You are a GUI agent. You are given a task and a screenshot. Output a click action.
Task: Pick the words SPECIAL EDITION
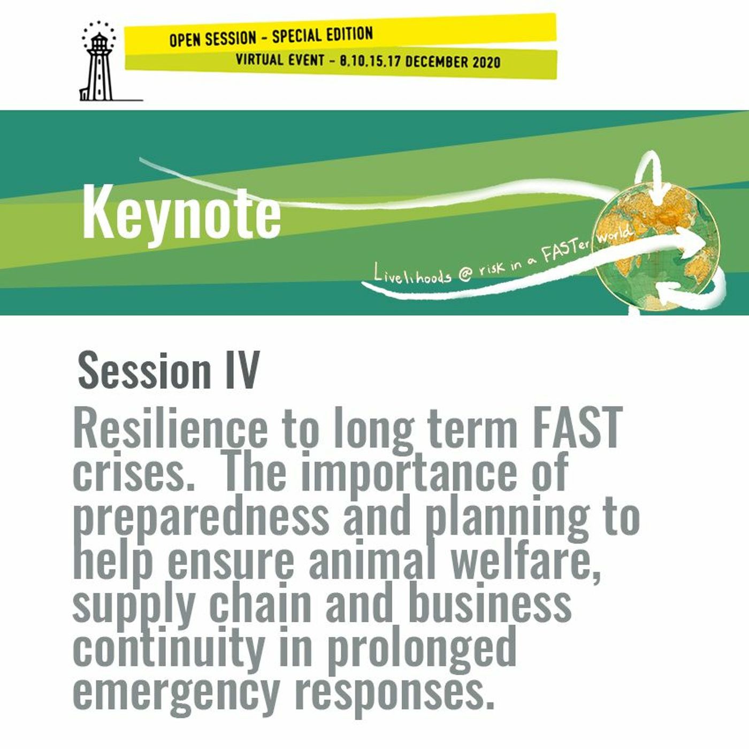pos(322,36)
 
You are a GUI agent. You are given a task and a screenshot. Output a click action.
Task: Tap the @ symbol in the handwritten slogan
pos(465,274)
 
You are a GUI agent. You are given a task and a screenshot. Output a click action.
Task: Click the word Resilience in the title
pos(170,429)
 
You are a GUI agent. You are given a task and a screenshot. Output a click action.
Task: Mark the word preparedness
pos(200,516)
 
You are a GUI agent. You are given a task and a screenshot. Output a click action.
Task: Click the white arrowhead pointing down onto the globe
pos(658,193)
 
